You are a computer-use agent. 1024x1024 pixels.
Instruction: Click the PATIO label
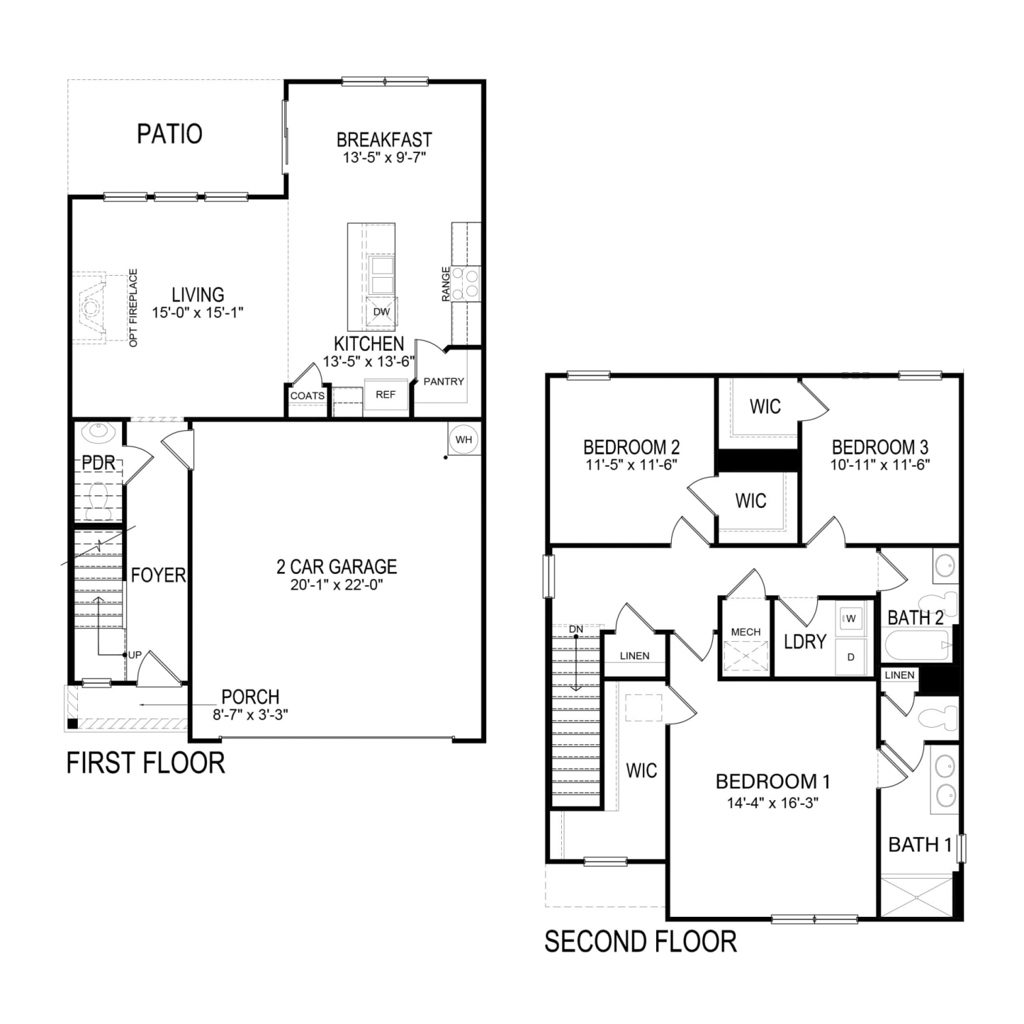[x=170, y=134]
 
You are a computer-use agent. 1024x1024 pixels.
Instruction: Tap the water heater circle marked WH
[x=464, y=440]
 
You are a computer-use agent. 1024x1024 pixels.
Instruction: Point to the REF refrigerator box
[x=386, y=395]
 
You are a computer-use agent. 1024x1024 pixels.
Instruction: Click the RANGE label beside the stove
[x=446, y=284]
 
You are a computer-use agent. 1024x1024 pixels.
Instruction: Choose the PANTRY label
[x=444, y=382]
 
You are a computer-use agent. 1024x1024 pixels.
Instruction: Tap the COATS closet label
[x=307, y=396]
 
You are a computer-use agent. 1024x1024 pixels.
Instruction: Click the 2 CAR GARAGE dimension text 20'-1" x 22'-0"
[x=336, y=585]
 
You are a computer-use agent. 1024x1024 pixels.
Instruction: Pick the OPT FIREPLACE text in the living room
[x=133, y=307]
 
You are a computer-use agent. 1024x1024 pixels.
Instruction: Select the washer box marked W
[x=851, y=618]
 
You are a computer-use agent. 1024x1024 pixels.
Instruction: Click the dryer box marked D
[x=851, y=657]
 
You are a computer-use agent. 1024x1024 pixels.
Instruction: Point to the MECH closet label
[x=745, y=632]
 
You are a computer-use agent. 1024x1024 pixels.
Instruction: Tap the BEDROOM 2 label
[x=631, y=447]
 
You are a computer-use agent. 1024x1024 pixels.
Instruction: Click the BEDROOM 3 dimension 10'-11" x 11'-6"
[x=881, y=465]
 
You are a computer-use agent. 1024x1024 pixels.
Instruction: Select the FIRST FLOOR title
[x=145, y=763]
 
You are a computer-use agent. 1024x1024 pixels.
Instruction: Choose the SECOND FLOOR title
[x=640, y=942]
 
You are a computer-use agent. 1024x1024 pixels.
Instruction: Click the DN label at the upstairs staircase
[x=576, y=629]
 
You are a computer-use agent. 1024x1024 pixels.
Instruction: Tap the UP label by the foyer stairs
[x=135, y=655]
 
